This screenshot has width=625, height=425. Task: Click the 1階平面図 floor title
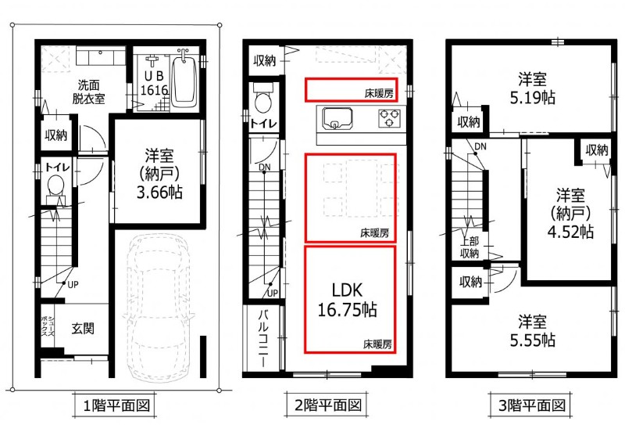116,406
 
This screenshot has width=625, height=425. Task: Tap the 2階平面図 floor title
328,406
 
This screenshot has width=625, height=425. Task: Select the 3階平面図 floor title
532,406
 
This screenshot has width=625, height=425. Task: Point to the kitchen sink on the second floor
337,119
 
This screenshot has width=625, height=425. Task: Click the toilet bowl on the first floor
55,186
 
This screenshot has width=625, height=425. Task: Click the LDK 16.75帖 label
347,300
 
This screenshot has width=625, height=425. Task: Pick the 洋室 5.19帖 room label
533,88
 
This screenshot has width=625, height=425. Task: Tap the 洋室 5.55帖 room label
533,331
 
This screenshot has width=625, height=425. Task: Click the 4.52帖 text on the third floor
570,232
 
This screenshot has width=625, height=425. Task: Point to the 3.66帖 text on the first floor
159,193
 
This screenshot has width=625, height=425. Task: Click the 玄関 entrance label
83,328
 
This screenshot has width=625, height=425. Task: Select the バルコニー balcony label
263,338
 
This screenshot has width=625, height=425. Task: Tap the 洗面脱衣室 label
88,92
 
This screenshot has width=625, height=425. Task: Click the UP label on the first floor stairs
73,285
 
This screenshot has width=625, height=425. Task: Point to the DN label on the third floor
480,146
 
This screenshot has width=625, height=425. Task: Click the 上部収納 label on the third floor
470,247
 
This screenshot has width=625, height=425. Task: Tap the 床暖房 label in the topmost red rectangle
379,93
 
